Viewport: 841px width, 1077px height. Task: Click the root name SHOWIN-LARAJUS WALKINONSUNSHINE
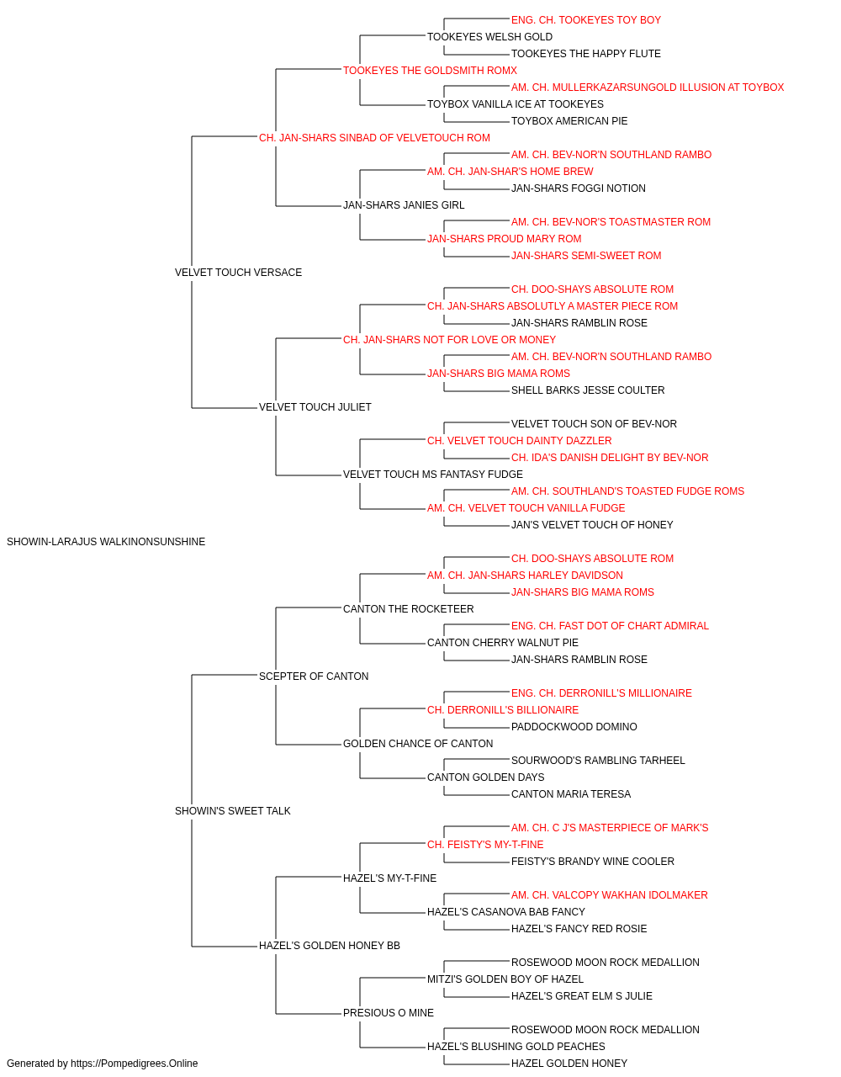point(106,542)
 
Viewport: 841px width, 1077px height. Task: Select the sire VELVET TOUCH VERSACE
point(238,272)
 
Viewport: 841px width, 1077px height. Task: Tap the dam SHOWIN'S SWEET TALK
point(233,811)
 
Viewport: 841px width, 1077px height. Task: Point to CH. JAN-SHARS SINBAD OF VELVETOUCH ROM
point(374,138)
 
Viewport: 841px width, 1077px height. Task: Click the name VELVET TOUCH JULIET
point(315,407)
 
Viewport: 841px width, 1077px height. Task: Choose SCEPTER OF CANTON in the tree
point(314,676)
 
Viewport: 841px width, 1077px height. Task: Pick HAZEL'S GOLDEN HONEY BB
point(330,945)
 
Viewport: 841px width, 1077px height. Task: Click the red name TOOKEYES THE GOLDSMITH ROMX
point(430,71)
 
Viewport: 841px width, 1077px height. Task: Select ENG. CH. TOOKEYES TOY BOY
point(586,20)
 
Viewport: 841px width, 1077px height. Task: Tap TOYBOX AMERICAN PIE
point(569,121)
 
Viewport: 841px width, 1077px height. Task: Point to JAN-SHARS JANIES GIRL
point(404,204)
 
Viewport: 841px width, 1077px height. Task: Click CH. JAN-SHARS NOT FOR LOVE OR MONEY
point(449,339)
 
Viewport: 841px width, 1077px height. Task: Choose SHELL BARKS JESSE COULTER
point(588,390)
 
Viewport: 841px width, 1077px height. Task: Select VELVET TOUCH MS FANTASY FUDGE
point(433,475)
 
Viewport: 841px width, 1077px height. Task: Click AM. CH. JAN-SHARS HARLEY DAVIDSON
point(525,575)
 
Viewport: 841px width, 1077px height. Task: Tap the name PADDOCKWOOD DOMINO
point(574,727)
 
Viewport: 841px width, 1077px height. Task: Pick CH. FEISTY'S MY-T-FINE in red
point(485,845)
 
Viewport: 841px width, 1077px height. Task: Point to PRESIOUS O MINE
point(389,1012)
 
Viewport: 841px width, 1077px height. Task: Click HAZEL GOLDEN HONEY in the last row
point(569,1064)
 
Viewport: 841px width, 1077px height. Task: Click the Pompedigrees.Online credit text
point(102,1064)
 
